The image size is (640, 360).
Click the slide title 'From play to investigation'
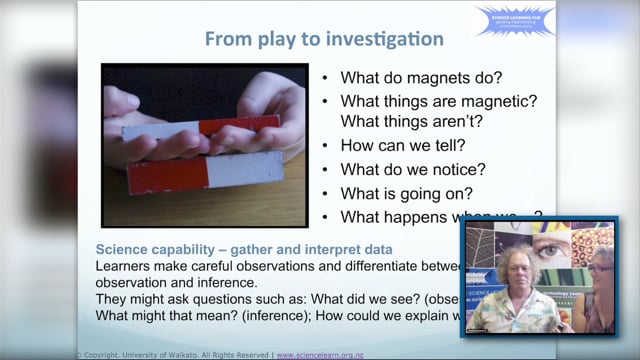click(x=324, y=40)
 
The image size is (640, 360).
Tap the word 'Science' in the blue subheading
click(x=123, y=250)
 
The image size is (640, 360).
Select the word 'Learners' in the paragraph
click(x=126, y=266)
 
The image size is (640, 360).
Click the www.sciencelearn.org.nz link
click(x=320, y=354)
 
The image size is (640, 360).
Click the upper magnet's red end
click(x=239, y=126)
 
